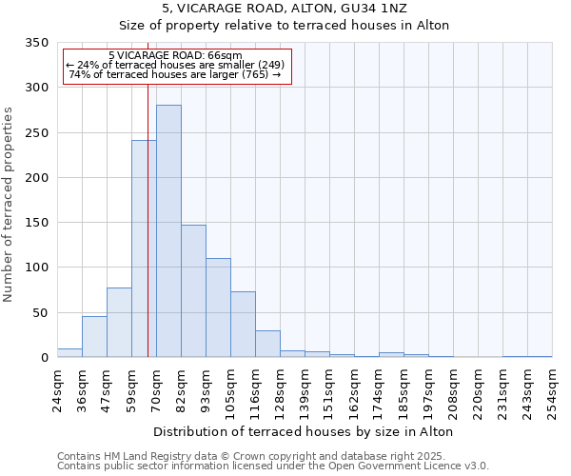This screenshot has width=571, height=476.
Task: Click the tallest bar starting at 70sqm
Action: (168, 231)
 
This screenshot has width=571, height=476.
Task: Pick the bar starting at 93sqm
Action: (218, 307)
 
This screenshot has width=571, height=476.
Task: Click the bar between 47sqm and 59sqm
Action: (119, 323)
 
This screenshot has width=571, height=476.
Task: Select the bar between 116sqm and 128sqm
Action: (267, 344)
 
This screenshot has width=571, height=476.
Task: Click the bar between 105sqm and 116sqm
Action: (243, 325)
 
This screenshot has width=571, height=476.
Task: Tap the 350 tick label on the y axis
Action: (36, 43)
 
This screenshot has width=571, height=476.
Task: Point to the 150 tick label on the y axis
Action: (36, 223)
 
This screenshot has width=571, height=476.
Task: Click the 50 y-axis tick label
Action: (40, 312)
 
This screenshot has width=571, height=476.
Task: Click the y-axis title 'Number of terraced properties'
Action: (9, 205)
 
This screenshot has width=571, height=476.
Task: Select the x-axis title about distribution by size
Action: (303, 431)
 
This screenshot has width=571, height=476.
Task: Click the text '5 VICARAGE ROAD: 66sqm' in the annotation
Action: (175, 56)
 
